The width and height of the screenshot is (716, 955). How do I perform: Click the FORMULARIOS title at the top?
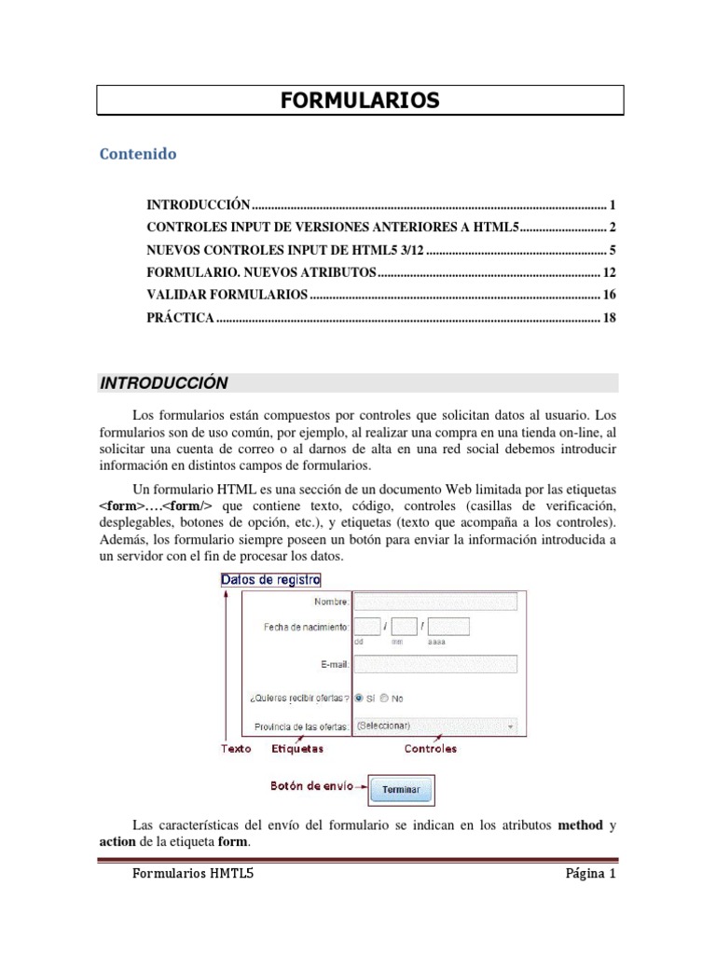click(360, 101)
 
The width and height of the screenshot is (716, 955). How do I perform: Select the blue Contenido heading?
click(138, 154)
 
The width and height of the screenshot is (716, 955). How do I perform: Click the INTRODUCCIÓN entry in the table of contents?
click(200, 204)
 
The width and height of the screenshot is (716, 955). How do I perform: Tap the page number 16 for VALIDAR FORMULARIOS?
click(610, 295)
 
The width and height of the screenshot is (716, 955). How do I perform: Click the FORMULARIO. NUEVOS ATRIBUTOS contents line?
click(261, 272)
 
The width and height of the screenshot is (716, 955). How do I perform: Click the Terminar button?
click(401, 790)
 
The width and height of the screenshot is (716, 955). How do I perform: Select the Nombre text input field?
click(436, 602)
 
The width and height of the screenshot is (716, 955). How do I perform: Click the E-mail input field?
click(436, 664)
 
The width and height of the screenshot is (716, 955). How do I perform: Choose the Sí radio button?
click(360, 698)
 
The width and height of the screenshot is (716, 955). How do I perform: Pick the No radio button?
click(384, 698)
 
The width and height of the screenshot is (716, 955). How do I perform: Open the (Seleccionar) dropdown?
click(436, 726)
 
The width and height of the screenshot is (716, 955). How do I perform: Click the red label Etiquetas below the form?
click(297, 748)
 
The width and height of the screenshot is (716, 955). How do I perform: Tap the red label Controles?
click(430, 748)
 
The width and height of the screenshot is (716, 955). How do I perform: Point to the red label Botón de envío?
click(312, 786)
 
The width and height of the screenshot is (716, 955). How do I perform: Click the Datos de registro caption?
click(270, 579)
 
